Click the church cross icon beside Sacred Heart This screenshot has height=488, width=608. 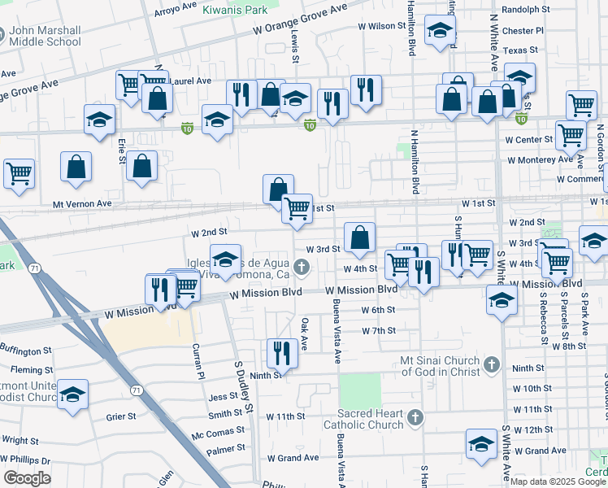tap(415, 418)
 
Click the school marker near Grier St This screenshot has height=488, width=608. tap(72, 394)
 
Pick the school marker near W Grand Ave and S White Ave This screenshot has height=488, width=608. tap(481, 444)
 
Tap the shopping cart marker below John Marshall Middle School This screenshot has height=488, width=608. tap(19, 173)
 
